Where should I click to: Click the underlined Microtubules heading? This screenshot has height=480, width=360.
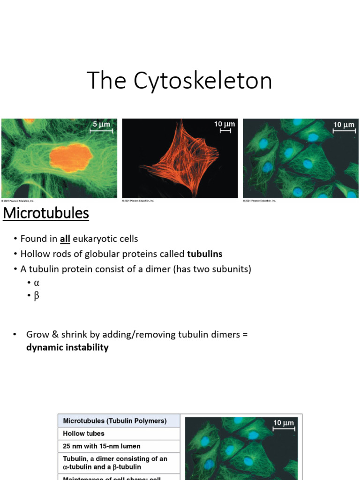pyautogui.click(x=46, y=213)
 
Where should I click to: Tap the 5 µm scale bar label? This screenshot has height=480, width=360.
pyautogui.click(x=101, y=124)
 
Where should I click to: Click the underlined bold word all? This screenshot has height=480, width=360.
pyautogui.click(x=65, y=239)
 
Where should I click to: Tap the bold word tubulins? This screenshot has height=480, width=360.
pyautogui.click(x=204, y=254)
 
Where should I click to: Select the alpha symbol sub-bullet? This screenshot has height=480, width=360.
pyautogui.click(x=36, y=283)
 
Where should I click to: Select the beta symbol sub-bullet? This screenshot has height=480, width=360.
pyautogui.click(x=36, y=296)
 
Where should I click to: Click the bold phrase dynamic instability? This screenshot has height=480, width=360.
pyautogui.click(x=67, y=347)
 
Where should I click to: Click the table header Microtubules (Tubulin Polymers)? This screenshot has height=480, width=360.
pyautogui.click(x=115, y=421)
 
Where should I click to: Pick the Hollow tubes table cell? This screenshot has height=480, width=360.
pyautogui.click(x=84, y=434)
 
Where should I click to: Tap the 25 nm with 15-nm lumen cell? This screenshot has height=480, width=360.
pyautogui.click(x=102, y=446)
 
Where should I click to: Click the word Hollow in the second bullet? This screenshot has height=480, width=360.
pyautogui.click(x=33, y=254)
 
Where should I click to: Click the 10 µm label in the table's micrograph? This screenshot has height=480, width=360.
pyautogui.click(x=284, y=423)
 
